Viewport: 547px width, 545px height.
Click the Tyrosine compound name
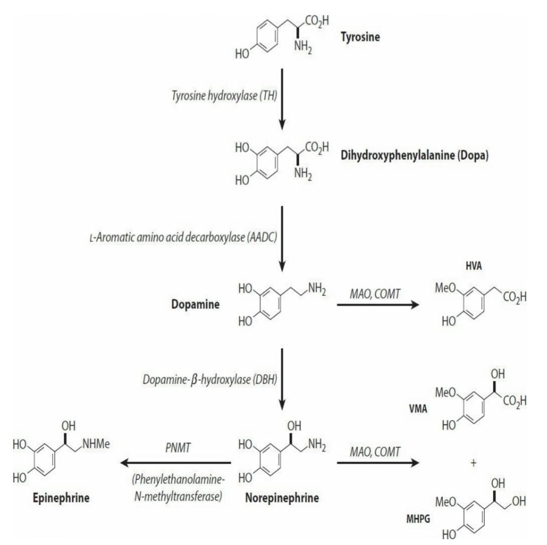pyautogui.click(x=360, y=37)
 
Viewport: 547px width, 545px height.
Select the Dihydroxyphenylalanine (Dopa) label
pyautogui.click(x=415, y=155)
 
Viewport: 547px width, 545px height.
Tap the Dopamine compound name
pyautogui.click(x=196, y=304)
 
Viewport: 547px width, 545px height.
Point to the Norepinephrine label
pyautogui.click(x=282, y=498)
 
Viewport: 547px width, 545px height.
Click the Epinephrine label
pyautogui.click(x=61, y=498)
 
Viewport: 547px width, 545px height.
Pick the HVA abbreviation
pyautogui.click(x=474, y=266)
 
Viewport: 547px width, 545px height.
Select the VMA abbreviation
pyautogui.click(x=418, y=408)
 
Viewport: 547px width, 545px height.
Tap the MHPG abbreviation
pyautogui.click(x=418, y=519)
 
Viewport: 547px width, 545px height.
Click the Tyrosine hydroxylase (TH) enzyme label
pyautogui.click(x=224, y=96)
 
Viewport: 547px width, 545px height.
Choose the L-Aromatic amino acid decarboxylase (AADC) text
pyautogui.click(x=183, y=238)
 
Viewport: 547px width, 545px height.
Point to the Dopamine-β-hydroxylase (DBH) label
pyautogui.click(x=210, y=380)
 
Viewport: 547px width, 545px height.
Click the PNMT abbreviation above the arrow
pyautogui.click(x=178, y=448)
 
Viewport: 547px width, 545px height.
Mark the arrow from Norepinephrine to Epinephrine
pyautogui.click(x=175, y=463)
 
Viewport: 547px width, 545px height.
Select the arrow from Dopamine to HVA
pyautogui.click(x=378, y=305)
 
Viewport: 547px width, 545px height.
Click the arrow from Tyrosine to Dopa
pyautogui.click(x=282, y=99)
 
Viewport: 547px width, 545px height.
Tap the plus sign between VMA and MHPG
pyautogui.click(x=474, y=463)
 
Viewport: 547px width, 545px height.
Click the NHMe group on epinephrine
pyautogui.click(x=96, y=444)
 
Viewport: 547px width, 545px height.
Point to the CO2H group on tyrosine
pyautogui.click(x=317, y=21)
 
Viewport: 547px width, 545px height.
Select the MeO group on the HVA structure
pyautogui.click(x=445, y=288)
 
